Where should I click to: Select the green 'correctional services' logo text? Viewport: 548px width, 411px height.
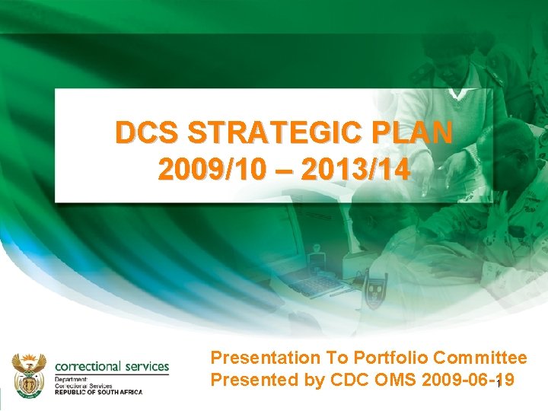click(x=112, y=366)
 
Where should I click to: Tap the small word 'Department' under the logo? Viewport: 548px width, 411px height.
click(x=72, y=379)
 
